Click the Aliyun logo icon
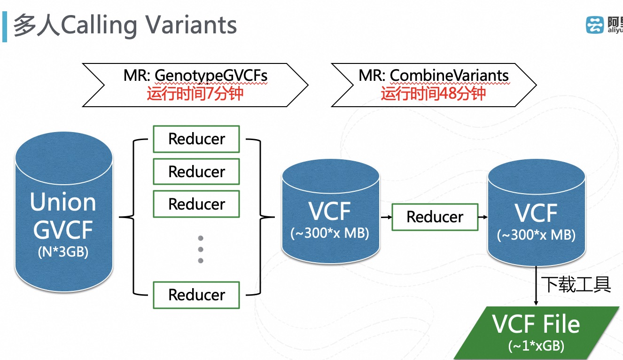[595, 24]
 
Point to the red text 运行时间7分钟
[195, 93]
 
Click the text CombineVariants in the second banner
[449, 76]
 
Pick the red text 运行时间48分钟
[433, 93]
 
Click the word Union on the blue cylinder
[63, 202]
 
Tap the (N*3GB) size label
[63, 252]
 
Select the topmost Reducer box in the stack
[196, 139]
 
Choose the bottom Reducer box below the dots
[196, 295]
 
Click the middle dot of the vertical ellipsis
[201, 249]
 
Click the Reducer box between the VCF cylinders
[435, 217]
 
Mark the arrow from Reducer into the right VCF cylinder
[483, 217]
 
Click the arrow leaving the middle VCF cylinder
[386, 217]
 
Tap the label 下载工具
[576, 284]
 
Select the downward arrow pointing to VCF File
[537, 287]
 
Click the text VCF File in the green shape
[536, 324]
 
